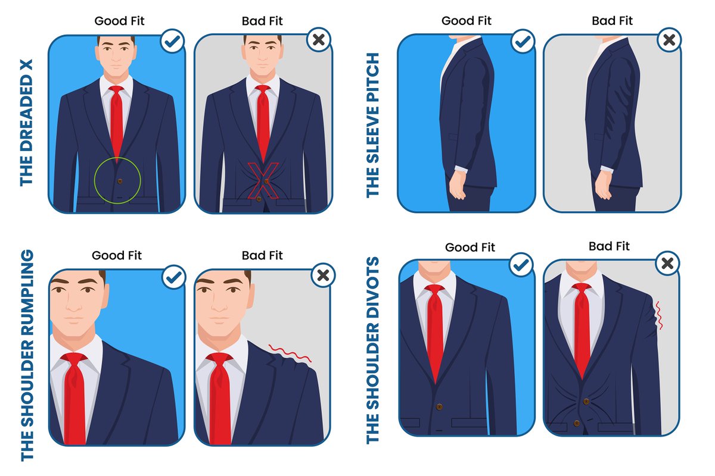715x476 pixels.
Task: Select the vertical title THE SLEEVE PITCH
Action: coord(374,125)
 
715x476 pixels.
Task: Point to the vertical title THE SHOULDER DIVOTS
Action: coord(374,350)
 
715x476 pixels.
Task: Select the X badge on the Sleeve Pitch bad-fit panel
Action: coord(669,40)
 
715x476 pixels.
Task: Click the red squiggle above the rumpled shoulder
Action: coord(290,353)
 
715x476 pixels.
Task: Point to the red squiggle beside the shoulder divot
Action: coord(659,316)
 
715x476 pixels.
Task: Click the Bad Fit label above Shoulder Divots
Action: coord(609,246)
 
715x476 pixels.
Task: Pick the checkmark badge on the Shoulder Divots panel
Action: coord(521,265)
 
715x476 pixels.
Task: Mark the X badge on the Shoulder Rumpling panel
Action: coord(324,275)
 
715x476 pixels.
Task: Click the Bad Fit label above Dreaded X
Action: coord(262,21)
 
